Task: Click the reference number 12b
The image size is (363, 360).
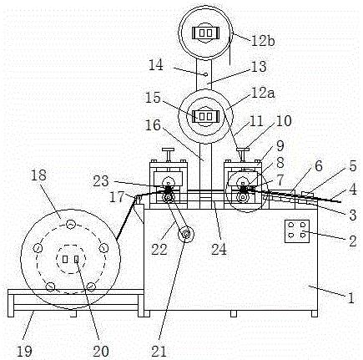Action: pos(263,41)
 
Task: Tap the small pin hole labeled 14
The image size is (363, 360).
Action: pos(205,74)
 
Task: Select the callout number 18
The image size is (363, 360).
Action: pos(38,175)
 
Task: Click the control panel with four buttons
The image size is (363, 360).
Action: pos(297,231)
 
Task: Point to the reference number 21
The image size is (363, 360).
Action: pos(159,352)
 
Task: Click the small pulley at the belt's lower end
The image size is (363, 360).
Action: pos(185,234)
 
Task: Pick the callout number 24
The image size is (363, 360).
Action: pos(219,249)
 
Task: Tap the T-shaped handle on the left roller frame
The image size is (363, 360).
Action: pos(169,155)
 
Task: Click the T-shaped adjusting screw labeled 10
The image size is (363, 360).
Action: pos(243,155)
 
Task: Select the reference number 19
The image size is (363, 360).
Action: pos(24,352)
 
